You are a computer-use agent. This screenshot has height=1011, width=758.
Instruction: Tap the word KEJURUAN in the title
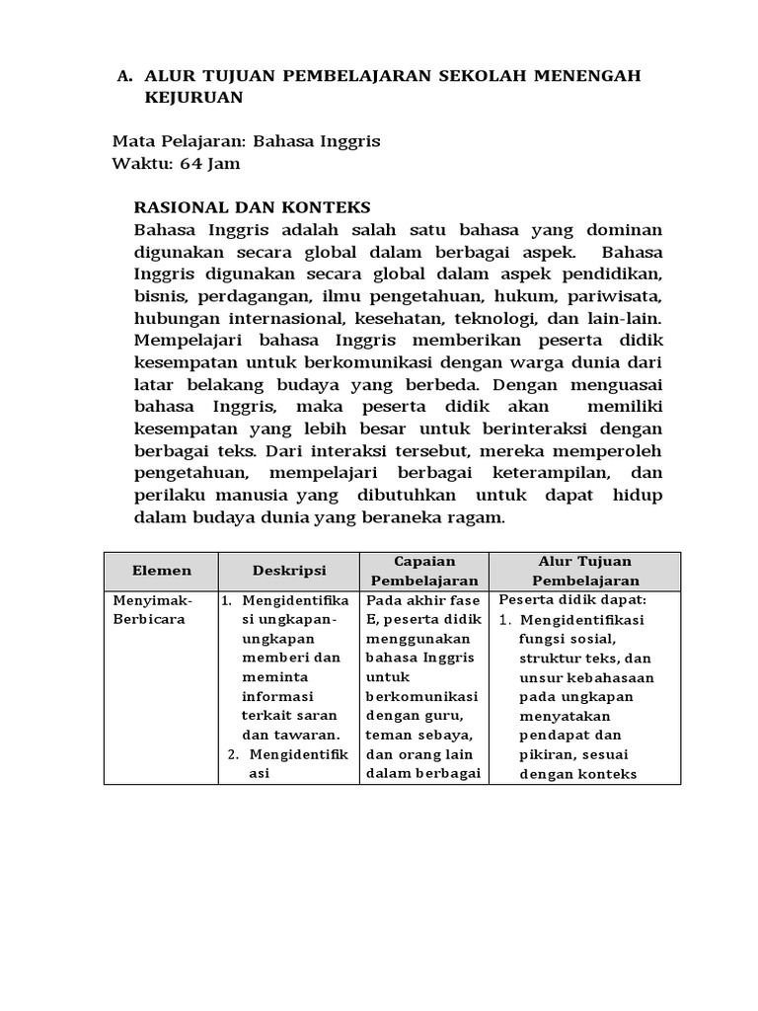tap(192, 99)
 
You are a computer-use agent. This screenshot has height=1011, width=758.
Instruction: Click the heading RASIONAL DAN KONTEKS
tap(252, 207)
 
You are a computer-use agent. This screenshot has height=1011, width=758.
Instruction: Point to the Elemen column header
tap(161, 571)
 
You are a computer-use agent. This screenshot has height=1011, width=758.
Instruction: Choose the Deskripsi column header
tap(288, 571)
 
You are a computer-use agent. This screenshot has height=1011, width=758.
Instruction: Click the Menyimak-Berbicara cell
tap(153, 609)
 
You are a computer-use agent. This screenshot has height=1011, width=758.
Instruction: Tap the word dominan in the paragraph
tap(628, 229)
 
